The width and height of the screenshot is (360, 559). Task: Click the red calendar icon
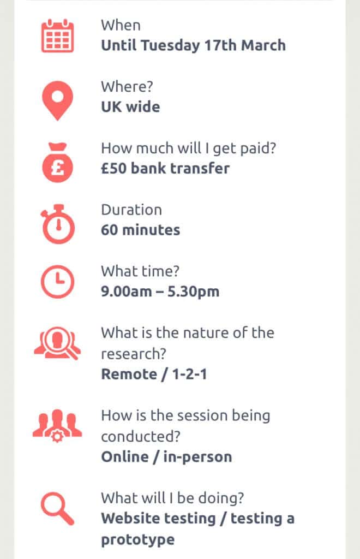[58, 36]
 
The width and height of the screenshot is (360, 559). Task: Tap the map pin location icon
[57, 100]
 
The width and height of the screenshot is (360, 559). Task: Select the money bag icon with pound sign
[57, 162]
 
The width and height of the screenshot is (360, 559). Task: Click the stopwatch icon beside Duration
[58, 224]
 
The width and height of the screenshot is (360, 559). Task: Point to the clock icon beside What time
[58, 282]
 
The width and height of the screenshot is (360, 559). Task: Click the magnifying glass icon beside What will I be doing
[57, 509]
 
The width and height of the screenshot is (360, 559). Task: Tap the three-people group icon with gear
[57, 426]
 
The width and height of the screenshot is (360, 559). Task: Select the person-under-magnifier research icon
[57, 343]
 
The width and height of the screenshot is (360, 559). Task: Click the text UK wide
[130, 107]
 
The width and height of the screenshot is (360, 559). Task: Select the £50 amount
[113, 168]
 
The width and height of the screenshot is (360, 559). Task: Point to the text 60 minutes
[140, 230]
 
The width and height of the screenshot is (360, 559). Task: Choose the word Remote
[129, 374]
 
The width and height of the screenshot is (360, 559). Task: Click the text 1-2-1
[189, 374]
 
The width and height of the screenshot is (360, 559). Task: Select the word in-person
[197, 457]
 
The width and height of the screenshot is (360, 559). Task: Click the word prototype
[138, 540]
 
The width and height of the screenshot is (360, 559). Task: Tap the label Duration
[131, 210]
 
